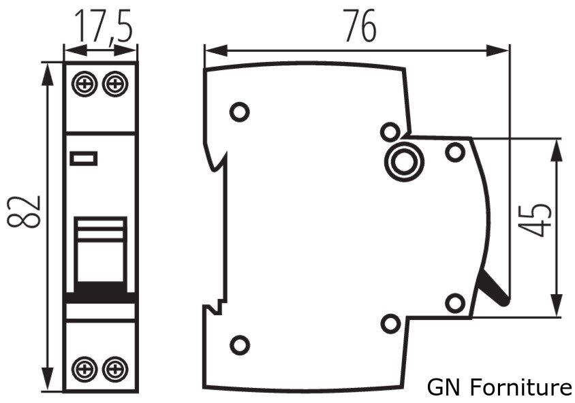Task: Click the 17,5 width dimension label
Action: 103,25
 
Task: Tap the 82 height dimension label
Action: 25,212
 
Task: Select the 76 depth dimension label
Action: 360,25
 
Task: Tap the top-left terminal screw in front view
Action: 84,84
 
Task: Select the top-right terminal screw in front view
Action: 114,84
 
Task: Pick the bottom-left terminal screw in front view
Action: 84,369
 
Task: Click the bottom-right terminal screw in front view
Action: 114,369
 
